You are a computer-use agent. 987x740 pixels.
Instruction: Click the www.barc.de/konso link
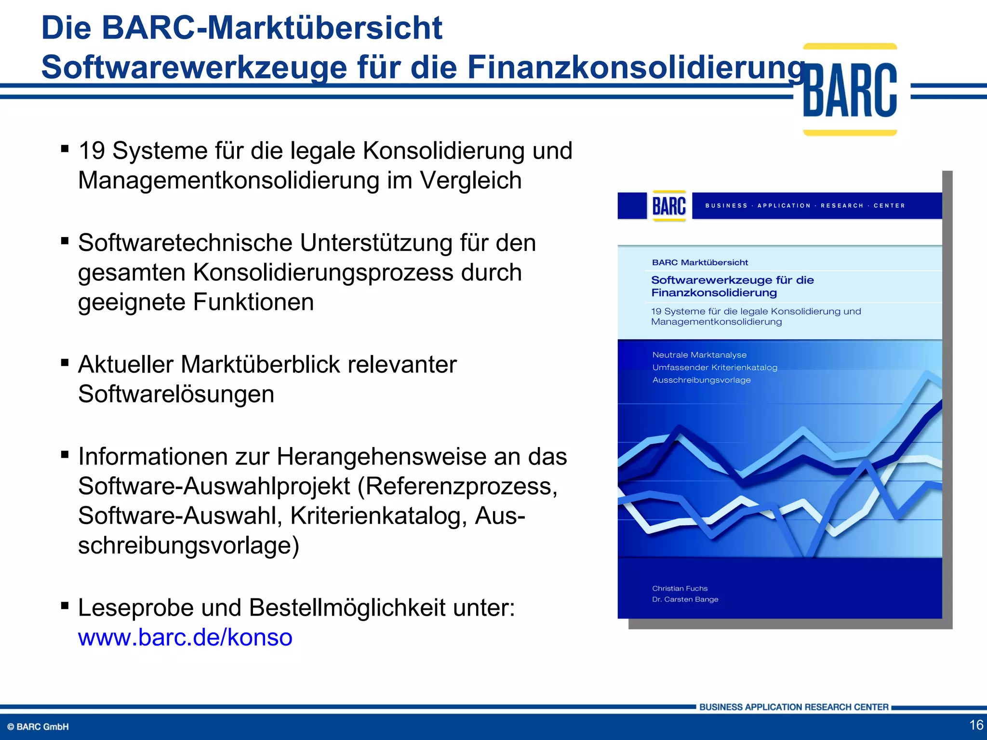[185, 637]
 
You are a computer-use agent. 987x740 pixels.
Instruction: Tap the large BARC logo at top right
[850, 90]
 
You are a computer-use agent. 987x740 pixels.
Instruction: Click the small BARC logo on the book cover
[669, 206]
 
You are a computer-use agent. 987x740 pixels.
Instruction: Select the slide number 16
[976, 725]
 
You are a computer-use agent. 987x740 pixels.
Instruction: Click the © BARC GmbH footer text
[38, 727]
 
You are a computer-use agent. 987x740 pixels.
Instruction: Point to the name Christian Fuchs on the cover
[680, 588]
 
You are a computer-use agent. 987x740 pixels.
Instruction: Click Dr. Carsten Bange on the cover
[685, 599]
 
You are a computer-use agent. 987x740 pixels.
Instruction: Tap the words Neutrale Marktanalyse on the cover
[699, 355]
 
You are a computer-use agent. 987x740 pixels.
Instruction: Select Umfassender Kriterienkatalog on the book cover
[715, 368]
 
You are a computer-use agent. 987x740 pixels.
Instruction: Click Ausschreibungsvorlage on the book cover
[701, 380]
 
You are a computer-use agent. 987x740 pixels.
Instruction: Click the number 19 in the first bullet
[92, 151]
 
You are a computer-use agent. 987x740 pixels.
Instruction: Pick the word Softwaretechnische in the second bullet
[185, 243]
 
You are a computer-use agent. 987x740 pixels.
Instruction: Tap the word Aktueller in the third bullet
[125, 365]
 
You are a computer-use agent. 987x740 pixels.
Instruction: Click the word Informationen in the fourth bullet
[152, 456]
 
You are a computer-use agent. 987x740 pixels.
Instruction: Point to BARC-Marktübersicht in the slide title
[272, 28]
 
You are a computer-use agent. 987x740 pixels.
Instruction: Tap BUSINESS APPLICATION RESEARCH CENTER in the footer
[794, 707]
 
